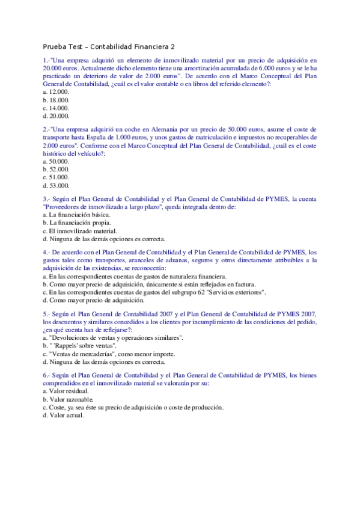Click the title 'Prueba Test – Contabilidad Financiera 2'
tap(109, 46)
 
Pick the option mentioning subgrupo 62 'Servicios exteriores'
tap(154, 292)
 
